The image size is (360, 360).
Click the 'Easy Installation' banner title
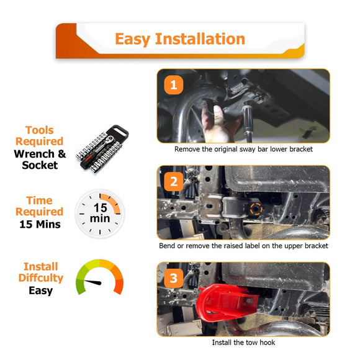pyautogui.click(x=180, y=39)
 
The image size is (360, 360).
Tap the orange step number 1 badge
pyautogui.click(x=174, y=85)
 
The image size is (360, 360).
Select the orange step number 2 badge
pyautogui.click(x=174, y=182)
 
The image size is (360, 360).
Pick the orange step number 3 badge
pyautogui.click(x=174, y=278)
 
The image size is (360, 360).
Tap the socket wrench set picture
pyautogui.click(x=102, y=149)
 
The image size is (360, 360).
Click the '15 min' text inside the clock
pyautogui.click(x=100, y=213)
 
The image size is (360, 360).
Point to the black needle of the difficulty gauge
pyautogui.click(x=92, y=282)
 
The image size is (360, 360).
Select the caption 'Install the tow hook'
pyautogui.click(x=243, y=343)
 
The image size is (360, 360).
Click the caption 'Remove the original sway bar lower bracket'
pyautogui.click(x=243, y=149)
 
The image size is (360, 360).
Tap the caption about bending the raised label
pyautogui.click(x=243, y=246)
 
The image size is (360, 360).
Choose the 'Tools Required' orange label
pyautogui.click(x=40, y=136)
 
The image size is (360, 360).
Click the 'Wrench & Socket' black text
pyautogui.click(x=40, y=160)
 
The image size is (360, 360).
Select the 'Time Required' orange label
pyautogui.click(x=40, y=206)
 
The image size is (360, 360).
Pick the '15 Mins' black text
pyautogui.click(x=40, y=224)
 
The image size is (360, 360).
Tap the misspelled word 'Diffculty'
pyautogui.click(x=41, y=278)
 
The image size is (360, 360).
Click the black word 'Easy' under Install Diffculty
pyautogui.click(x=40, y=290)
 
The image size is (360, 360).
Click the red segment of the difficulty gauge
pyautogui.click(x=119, y=286)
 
